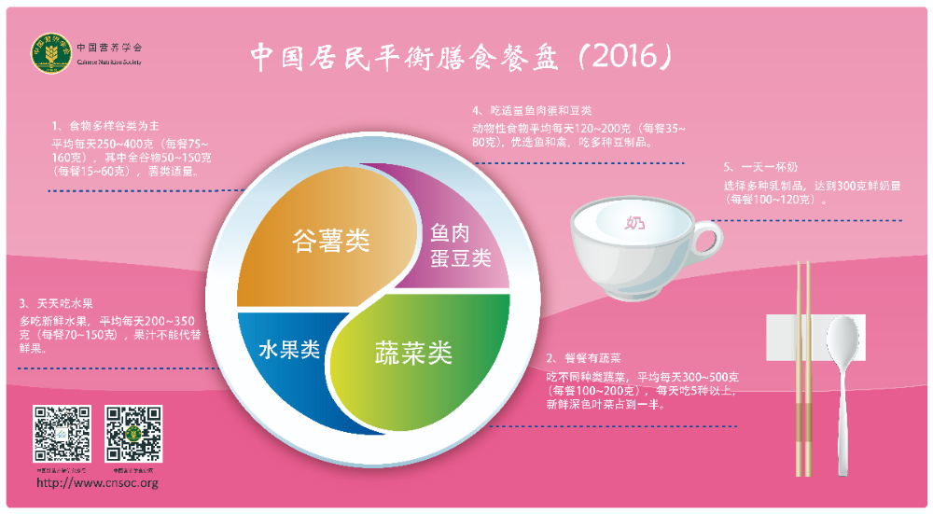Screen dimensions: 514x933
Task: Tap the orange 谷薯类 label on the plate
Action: [330, 241]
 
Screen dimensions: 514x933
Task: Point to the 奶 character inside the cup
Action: [634, 223]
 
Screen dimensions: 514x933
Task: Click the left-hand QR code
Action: [63, 434]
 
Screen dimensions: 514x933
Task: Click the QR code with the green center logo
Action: [133, 434]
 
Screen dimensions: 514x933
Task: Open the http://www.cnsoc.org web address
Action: [97, 483]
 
